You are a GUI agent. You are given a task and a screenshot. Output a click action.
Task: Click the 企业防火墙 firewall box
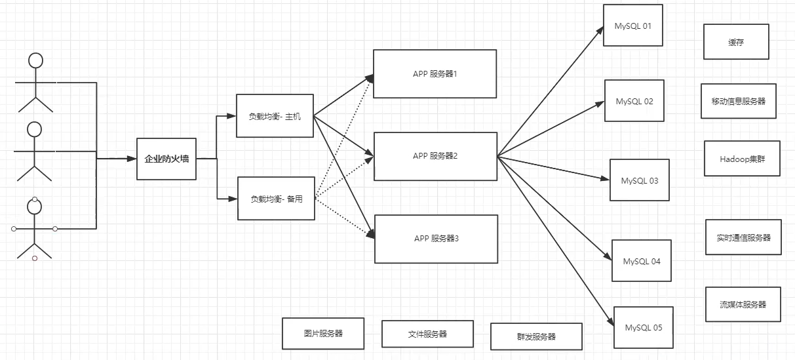point(166,159)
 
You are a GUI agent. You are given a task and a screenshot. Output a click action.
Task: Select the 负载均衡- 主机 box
point(275,116)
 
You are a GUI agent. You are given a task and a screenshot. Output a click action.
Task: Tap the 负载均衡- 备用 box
point(276,199)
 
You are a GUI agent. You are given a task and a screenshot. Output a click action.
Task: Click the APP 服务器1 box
point(435,74)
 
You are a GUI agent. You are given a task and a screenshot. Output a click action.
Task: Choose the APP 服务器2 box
point(435,156)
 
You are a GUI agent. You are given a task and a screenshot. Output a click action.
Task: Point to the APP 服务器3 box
point(436,239)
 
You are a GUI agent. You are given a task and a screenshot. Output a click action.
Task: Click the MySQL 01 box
point(633,25)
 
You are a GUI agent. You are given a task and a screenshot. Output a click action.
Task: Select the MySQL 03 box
point(640,180)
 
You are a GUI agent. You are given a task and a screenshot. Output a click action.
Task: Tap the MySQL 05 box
point(644,327)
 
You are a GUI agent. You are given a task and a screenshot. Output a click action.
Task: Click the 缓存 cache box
point(737,41)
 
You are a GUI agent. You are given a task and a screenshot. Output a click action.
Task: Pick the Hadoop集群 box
point(742,158)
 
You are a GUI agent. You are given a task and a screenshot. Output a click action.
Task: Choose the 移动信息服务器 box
point(739,101)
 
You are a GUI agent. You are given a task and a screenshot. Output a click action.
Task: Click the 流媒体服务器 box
point(743,304)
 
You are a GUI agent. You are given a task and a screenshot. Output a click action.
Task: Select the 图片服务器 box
point(323,333)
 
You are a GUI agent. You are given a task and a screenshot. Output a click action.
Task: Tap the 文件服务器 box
point(428,334)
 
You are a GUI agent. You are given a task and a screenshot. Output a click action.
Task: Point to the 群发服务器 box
point(537,336)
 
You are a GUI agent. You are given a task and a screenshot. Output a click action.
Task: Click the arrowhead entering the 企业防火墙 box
point(132,159)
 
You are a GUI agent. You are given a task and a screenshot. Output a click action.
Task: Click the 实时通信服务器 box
point(743,237)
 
